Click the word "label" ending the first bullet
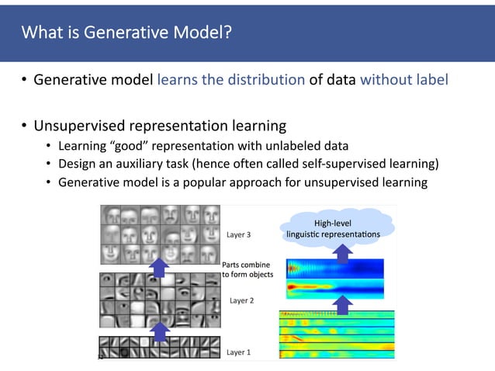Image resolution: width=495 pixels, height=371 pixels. [431, 79]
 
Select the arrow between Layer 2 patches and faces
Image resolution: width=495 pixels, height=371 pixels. [159, 267]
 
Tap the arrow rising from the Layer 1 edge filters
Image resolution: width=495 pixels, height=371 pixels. [159, 331]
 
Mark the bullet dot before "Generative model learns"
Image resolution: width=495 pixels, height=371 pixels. [25, 79]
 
